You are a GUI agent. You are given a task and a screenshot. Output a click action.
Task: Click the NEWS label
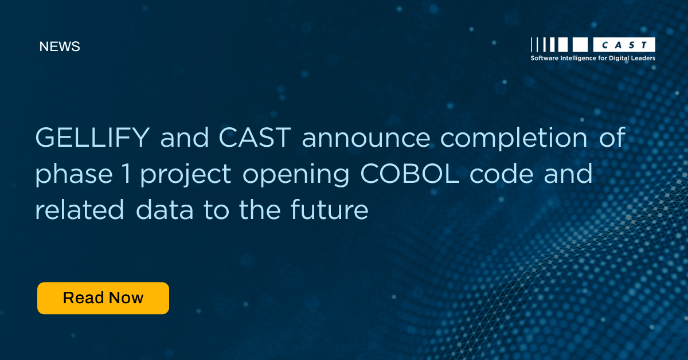pyautogui.click(x=60, y=47)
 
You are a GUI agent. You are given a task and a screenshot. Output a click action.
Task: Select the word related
pyautogui.click(x=80, y=210)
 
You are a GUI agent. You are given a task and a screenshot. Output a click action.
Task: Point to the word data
pyautogui.click(x=166, y=210)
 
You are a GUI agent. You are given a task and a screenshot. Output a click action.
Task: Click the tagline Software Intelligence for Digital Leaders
pyautogui.click(x=593, y=58)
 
